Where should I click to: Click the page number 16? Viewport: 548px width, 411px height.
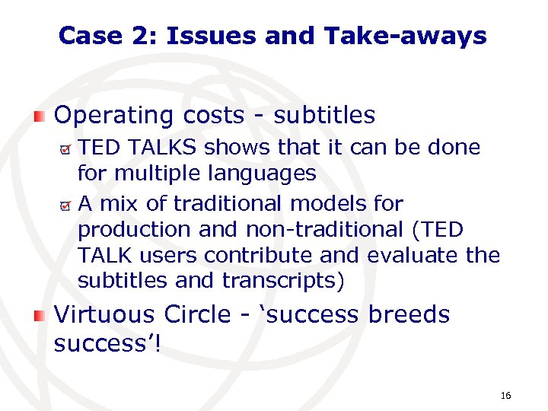[x=505, y=396]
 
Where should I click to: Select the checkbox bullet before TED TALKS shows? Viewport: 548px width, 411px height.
[x=66, y=148]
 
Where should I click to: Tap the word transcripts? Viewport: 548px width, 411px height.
[x=283, y=281]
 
